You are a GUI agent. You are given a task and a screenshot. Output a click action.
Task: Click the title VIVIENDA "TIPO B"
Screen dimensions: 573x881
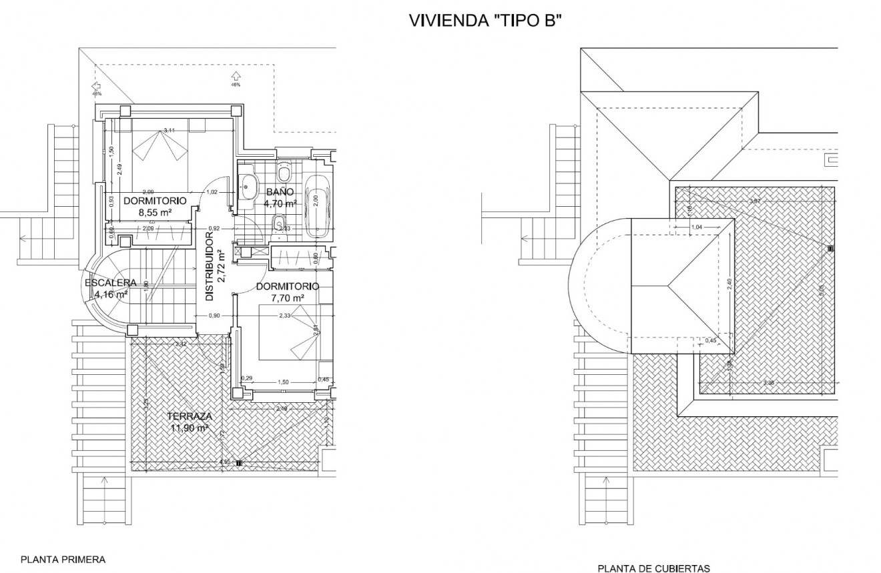[x=485, y=21]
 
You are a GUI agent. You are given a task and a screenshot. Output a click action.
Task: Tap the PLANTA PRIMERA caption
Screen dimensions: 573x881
[x=63, y=560]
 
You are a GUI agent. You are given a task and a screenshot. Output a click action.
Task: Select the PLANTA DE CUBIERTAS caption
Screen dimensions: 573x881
[x=653, y=568]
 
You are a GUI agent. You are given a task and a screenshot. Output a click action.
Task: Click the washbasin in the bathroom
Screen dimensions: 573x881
[x=248, y=186]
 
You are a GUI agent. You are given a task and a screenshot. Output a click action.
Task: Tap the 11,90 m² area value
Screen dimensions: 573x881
[x=190, y=428]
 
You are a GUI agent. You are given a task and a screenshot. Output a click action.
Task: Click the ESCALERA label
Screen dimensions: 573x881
[x=111, y=283]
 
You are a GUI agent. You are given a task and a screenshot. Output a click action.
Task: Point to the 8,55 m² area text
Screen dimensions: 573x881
[x=156, y=212]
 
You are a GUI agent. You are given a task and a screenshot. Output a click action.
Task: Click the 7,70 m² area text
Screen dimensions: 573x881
[x=287, y=298]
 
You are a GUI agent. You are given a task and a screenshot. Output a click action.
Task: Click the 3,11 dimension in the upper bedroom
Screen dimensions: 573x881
[x=169, y=131]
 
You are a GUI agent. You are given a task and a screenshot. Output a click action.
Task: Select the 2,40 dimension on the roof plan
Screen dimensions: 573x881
[x=729, y=283]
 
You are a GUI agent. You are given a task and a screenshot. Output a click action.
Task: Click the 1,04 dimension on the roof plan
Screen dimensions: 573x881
[x=697, y=227]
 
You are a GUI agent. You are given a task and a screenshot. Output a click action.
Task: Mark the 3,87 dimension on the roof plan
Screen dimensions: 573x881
[x=755, y=201]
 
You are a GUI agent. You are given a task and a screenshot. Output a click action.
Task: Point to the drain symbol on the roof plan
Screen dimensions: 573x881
[x=830, y=248]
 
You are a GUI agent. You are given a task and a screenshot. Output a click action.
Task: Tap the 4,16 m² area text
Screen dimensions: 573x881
[x=111, y=294]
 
